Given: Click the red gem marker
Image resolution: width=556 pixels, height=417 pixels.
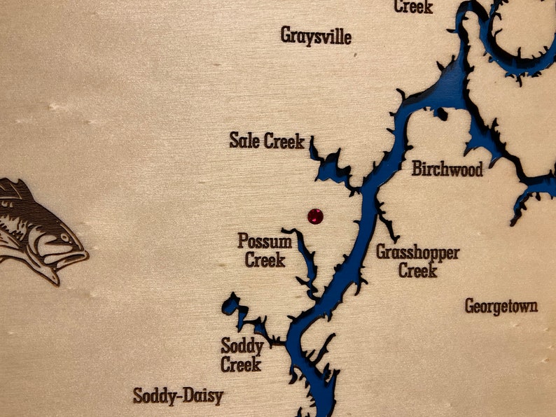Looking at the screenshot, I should point(316,216).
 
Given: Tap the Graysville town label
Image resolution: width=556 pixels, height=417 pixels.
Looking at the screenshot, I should point(316,36).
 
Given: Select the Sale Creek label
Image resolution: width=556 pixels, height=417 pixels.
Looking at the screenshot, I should point(267,141).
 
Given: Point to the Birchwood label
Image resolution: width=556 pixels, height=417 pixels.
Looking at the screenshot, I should point(447,169).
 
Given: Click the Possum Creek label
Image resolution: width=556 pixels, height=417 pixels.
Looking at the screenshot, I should point(265,250).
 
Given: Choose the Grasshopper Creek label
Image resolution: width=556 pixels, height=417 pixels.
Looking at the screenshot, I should point(418,260).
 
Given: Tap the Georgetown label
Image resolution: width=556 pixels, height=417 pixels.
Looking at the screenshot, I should point(501,306).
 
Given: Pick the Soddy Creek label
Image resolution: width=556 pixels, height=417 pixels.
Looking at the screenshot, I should point(242,355).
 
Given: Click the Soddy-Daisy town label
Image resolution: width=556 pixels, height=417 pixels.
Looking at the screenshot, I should point(178,397).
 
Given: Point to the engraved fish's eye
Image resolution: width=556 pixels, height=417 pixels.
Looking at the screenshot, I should point(64,238).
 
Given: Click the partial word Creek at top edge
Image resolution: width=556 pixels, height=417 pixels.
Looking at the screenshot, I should point(413,7).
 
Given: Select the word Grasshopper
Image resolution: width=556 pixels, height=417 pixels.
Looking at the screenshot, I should point(418,252).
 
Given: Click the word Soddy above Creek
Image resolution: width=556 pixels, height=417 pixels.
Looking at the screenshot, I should point(242,346).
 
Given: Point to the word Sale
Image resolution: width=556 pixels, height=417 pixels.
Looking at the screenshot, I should point(244,141).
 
